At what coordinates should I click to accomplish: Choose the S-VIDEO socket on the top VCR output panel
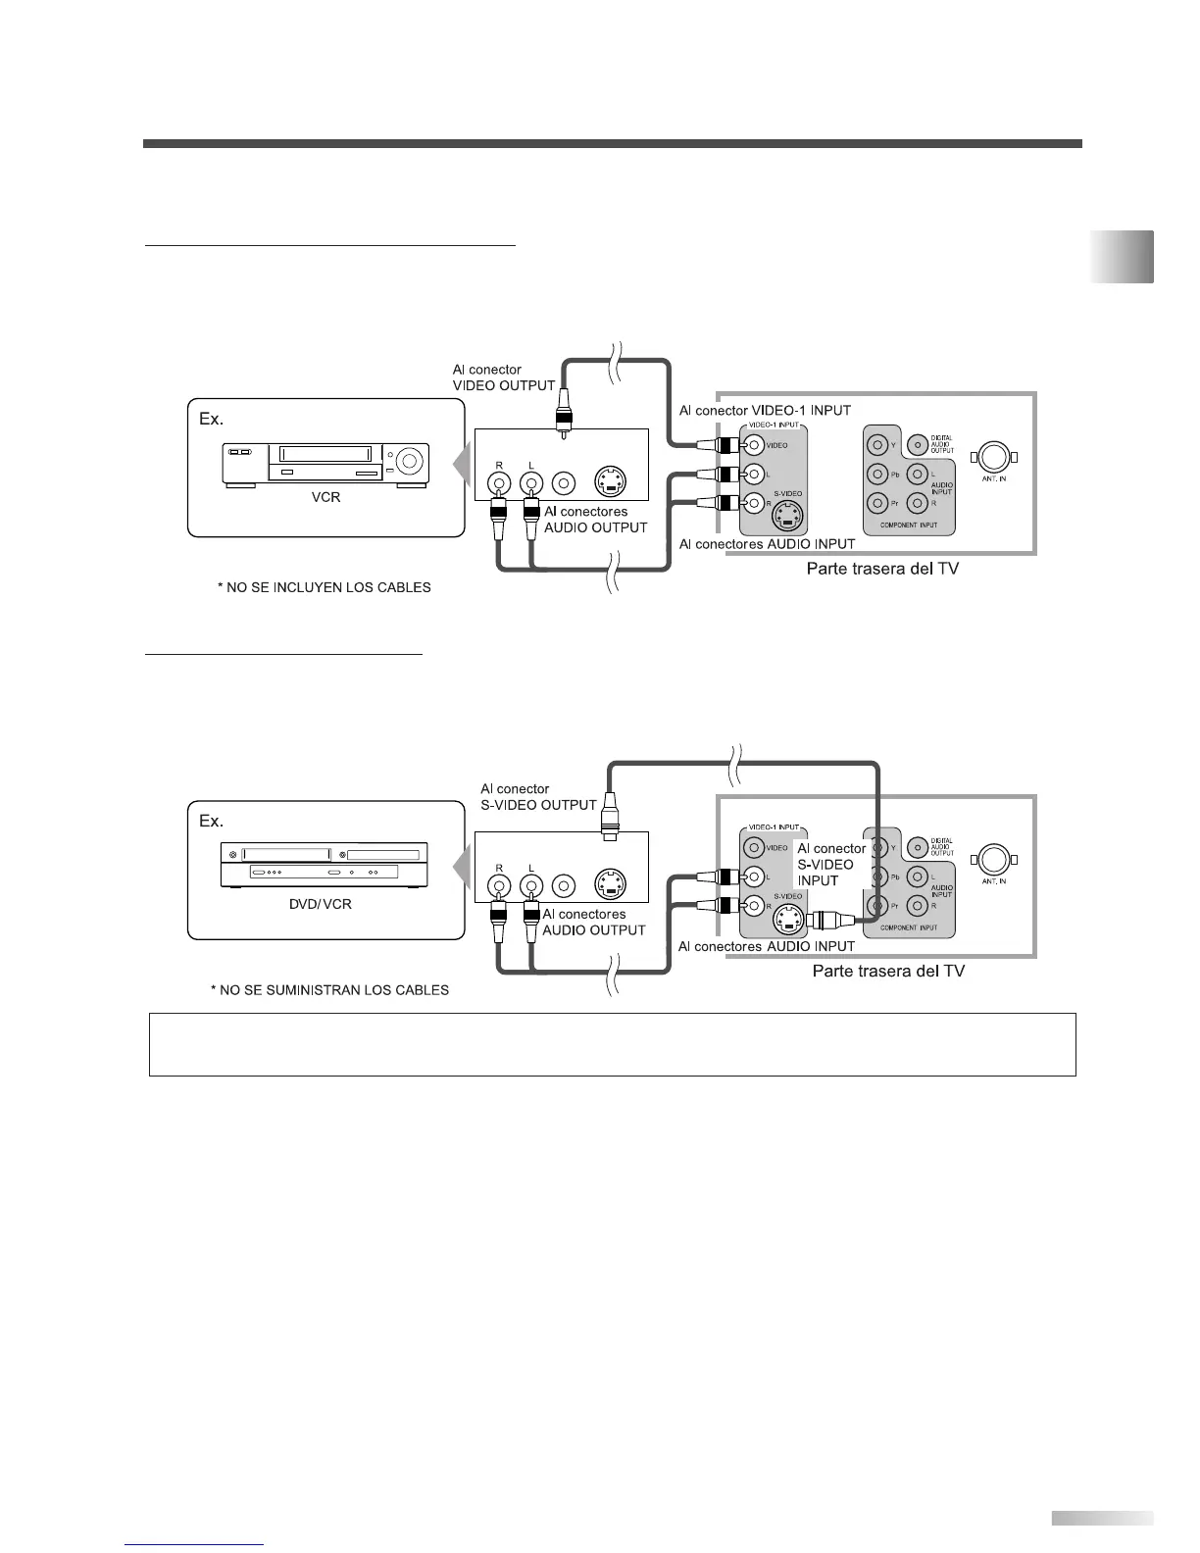tap(610, 482)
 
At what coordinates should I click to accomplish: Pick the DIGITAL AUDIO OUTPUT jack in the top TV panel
tap(917, 445)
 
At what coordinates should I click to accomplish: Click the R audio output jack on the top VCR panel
tap(500, 482)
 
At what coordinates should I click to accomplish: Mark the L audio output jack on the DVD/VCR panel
tap(530, 886)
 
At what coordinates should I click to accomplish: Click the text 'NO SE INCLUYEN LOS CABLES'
tap(324, 588)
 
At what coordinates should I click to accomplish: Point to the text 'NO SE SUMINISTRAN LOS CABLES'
tap(329, 990)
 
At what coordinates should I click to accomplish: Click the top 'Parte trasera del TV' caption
tap(882, 569)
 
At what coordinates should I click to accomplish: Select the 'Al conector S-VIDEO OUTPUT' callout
tap(538, 796)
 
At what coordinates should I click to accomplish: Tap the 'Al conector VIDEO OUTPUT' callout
tap(504, 377)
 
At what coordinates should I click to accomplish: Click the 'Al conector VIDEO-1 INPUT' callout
tap(765, 410)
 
